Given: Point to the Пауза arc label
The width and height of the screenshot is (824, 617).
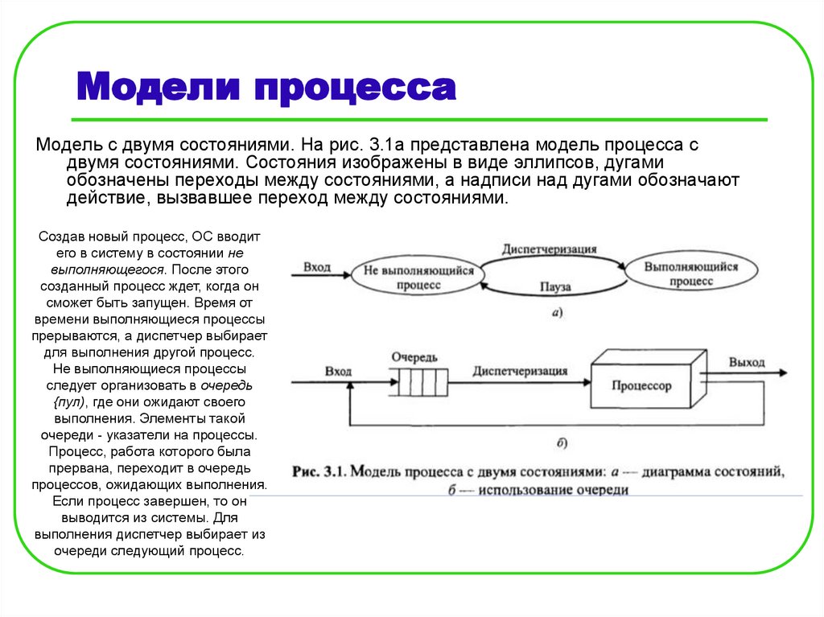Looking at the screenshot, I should point(554,287).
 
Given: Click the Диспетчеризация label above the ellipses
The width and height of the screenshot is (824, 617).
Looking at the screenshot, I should point(549,249).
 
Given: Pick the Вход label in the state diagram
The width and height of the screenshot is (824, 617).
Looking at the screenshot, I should point(316,266).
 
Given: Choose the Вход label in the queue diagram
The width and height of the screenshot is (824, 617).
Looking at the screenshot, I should point(338,371).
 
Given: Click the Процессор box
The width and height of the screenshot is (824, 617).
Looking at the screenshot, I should point(641,386).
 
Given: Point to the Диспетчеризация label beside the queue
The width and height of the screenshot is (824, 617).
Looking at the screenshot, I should point(520,371).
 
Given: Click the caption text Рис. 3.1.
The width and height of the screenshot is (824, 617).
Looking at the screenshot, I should point(319,471).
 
